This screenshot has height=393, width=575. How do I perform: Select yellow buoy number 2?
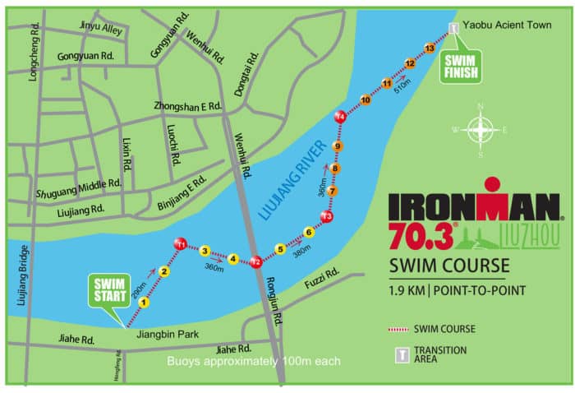click(x=164, y=272)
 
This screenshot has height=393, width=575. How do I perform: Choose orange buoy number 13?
click(x=428, y=47)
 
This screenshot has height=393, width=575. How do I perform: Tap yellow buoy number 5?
click(x=280, y=248)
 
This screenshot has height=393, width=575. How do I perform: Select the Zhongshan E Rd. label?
click(x=189, y=107)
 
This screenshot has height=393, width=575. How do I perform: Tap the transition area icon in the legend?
click(x=398, y=354)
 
